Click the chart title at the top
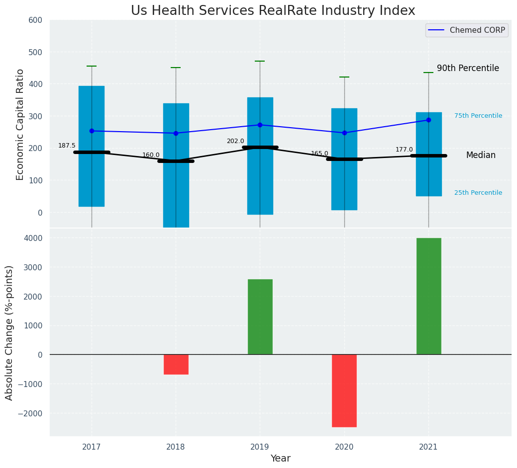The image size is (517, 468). (x=273, y=11)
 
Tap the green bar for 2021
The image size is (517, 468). (x=428, y=296)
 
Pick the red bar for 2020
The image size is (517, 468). (x=344, y=390)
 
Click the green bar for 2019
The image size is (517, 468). (x=260, y=317)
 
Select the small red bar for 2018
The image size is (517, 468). (x=176, y=364)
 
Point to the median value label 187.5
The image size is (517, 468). (x=67, y=146)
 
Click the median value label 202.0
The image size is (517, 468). (x=235, y=141)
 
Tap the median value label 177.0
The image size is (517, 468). (x=404, y=150)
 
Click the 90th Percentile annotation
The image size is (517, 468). (x=468, y=69)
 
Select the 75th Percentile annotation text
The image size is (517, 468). (x=478, y=116)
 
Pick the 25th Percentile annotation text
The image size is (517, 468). (x=478, y=193)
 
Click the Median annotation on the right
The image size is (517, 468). (x=481, y=156)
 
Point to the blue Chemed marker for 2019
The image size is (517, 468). (x=260, y=125)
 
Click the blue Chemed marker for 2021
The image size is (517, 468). (x=428, y=120)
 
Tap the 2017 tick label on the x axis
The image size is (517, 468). (x=92, y=447)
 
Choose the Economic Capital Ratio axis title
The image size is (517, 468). (x=20, y=124)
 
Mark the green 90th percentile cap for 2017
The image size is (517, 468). (x=92, y=66)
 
